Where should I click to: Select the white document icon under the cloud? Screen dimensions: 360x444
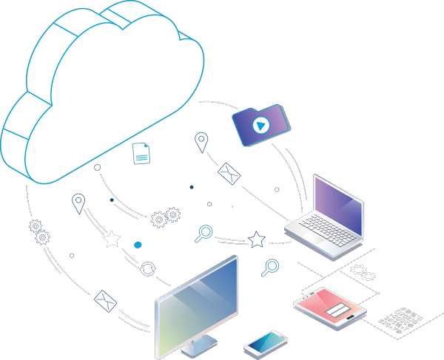click(x=141, y=153)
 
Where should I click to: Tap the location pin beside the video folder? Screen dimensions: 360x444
click(x=201, y=141)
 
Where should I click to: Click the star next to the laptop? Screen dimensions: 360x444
click(x=257, y=239)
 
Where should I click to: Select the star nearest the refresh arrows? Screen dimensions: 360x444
click(x=112, y=239)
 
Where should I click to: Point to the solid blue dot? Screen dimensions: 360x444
click(x=138, y=244)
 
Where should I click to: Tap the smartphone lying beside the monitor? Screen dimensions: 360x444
click(x=265, y=342)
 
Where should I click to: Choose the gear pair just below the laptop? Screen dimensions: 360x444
click(x=363, y=273)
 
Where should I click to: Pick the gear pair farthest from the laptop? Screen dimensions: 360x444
click(x=38, y=231)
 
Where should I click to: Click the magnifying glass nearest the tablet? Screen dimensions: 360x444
click(x=272, y=266)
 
